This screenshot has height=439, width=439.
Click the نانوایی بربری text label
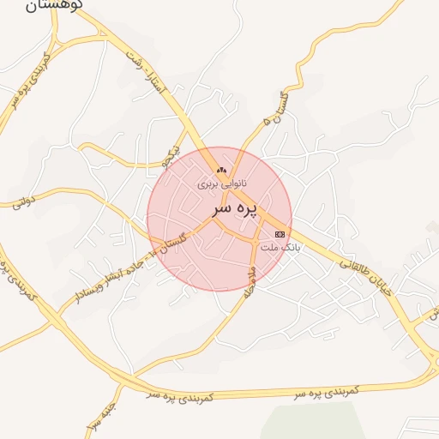tap(222, 183)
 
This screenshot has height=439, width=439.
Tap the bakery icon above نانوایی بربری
tap(222, 170)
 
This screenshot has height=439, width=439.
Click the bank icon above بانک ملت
tap(280, 234)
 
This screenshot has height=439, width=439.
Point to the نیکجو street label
tap(173, 154)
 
